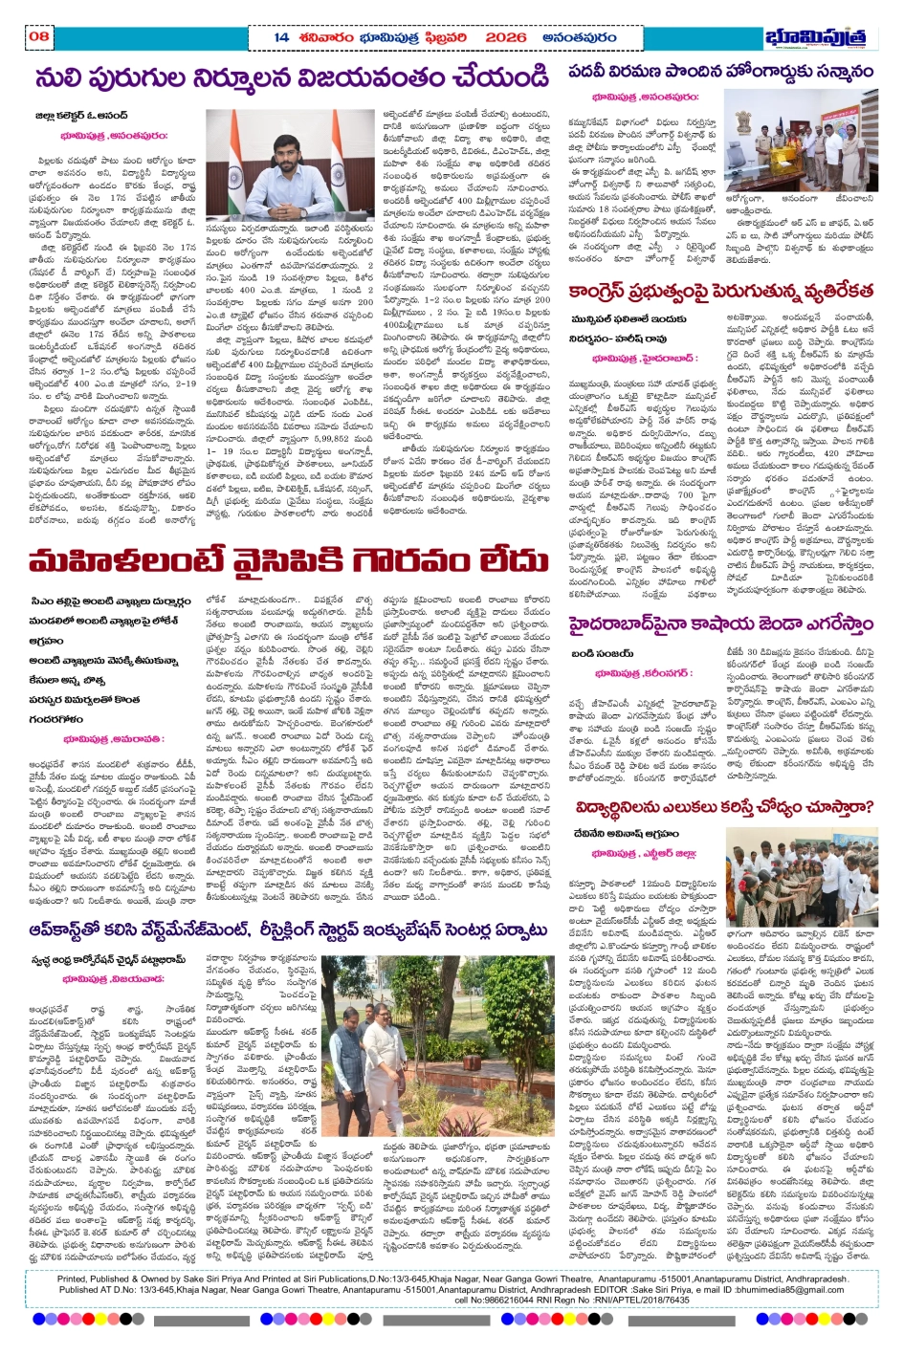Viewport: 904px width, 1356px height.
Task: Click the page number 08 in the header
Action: pyautogui.click(x=39, y=36)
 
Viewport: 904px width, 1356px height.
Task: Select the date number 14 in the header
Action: pyautogui.click(x=280, y=37)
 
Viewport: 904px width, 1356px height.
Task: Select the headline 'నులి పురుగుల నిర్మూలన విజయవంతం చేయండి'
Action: pyautogui.click(x=293, y=77)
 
